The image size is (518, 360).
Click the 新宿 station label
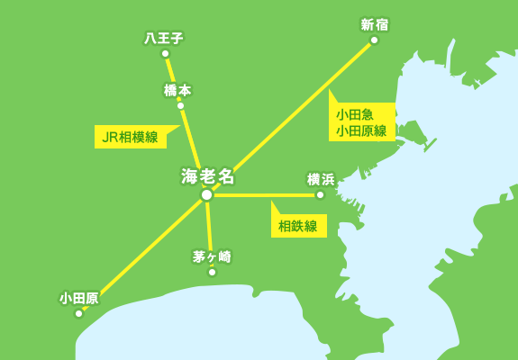[374, 24]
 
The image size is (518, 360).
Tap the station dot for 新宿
[374, 40]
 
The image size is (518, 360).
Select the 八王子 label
[164, 38]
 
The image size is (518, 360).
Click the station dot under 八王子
[165, 53]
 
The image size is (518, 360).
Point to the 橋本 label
[177, 90]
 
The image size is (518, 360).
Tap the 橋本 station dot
[180, 105]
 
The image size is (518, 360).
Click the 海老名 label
[208, 175]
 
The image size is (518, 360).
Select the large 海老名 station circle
[206, 194]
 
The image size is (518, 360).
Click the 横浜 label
[321, 179]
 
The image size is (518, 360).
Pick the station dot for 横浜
[320, 194]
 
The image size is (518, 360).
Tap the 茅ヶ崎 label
[212, 256]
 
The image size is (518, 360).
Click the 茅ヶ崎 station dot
[212, 272]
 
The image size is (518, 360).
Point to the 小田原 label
[79, 298]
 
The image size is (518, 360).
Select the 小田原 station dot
[78, 313]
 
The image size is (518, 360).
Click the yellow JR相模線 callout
[130, 137]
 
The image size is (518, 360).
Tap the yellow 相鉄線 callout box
[298, 226]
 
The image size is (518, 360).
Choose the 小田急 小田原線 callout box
[361, 122]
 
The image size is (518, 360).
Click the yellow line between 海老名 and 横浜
[266, 194]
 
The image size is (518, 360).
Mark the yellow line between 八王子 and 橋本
[172, 78]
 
